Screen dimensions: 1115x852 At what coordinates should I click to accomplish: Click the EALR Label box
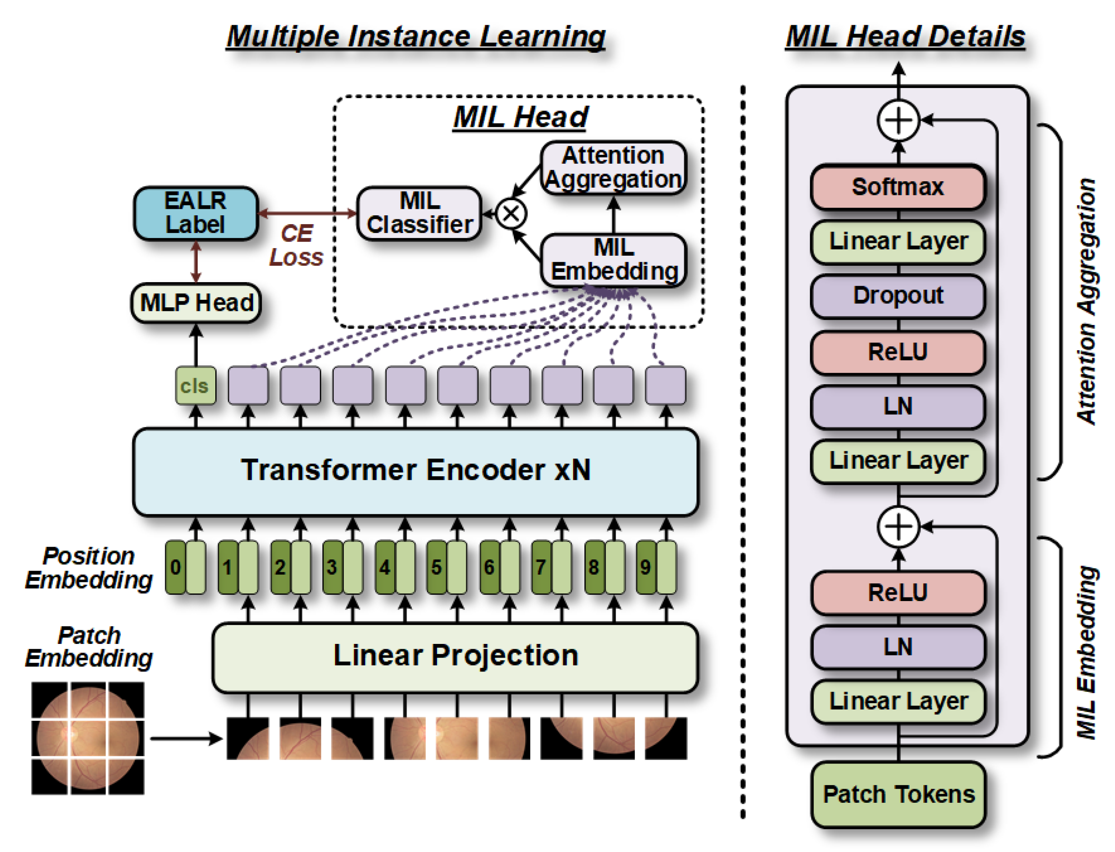point(196,213)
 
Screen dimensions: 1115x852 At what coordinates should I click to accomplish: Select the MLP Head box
point(196,303)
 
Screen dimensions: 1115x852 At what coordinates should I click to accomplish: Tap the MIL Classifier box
point(419,213)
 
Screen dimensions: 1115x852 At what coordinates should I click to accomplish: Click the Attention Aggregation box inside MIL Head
point(614,167)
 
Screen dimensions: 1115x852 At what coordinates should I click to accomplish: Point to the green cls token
point(195,385)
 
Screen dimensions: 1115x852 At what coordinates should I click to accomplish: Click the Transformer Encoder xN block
point(416,472)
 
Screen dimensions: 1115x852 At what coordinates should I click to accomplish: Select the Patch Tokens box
point(898,794)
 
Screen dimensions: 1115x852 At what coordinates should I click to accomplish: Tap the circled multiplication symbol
point(511,214)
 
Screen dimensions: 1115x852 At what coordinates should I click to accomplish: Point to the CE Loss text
point(296,245)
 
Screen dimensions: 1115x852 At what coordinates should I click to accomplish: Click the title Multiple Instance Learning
point(416,36)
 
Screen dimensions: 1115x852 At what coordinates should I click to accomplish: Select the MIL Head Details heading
point(905,36)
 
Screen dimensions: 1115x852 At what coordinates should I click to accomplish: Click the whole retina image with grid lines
point(88,738)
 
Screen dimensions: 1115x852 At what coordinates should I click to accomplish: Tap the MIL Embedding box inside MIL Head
point(614,260)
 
